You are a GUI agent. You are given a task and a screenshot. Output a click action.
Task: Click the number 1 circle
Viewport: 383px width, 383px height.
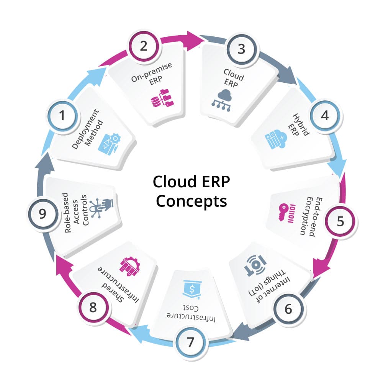coord(62,116)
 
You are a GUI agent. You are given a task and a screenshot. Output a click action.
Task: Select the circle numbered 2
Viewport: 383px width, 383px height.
coord(144,46)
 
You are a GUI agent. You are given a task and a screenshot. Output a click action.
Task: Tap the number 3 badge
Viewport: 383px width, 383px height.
coord(241,49)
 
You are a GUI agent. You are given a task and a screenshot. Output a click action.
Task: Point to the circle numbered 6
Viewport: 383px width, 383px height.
coord(288,309)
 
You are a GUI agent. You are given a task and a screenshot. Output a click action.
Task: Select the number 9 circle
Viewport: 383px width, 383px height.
coord(42,213)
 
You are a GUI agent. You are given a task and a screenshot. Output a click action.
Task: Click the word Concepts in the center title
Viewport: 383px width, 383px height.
coord(191,201)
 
